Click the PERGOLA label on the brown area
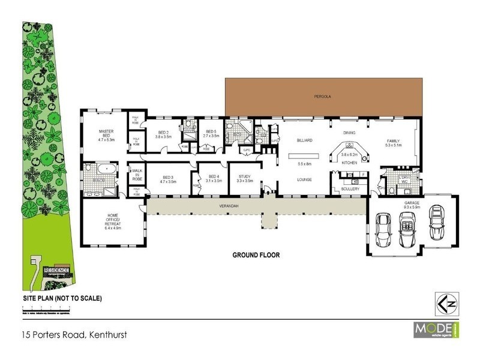point(326,96)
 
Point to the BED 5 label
point(211,134)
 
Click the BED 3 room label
point(168,179)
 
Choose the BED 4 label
point(214,178)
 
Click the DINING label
point(349,133)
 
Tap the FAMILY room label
point(393,142)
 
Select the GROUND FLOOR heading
point(256,255)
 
